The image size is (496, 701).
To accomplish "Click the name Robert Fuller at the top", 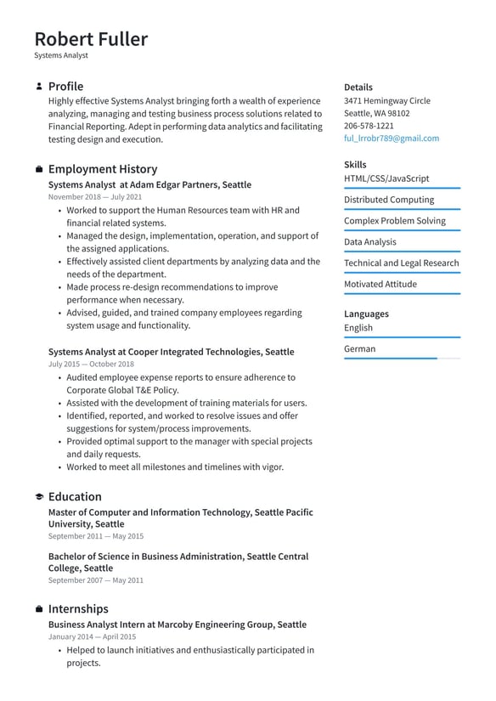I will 91,39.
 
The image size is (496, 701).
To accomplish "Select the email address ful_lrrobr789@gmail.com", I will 392,139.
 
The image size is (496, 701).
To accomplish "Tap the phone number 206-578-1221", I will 369,126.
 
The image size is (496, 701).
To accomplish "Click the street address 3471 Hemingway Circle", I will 386,101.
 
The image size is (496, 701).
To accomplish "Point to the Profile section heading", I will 65,87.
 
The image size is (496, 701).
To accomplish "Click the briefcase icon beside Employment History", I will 39,169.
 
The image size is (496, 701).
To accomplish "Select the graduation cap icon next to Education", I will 39,497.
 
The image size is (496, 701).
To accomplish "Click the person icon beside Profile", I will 39,87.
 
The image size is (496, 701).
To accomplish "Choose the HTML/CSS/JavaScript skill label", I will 386,178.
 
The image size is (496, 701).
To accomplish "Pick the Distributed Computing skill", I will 389,200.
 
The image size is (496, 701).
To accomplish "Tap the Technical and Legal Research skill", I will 401,263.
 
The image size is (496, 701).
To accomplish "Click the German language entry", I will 359,348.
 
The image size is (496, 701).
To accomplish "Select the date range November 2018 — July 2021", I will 95,197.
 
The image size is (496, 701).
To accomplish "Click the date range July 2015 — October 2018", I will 91,364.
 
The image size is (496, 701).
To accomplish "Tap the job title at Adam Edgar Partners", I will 149,184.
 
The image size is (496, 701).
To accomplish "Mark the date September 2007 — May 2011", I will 96,580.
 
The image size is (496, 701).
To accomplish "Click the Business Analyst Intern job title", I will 178,625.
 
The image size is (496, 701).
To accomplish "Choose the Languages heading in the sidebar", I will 366,314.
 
